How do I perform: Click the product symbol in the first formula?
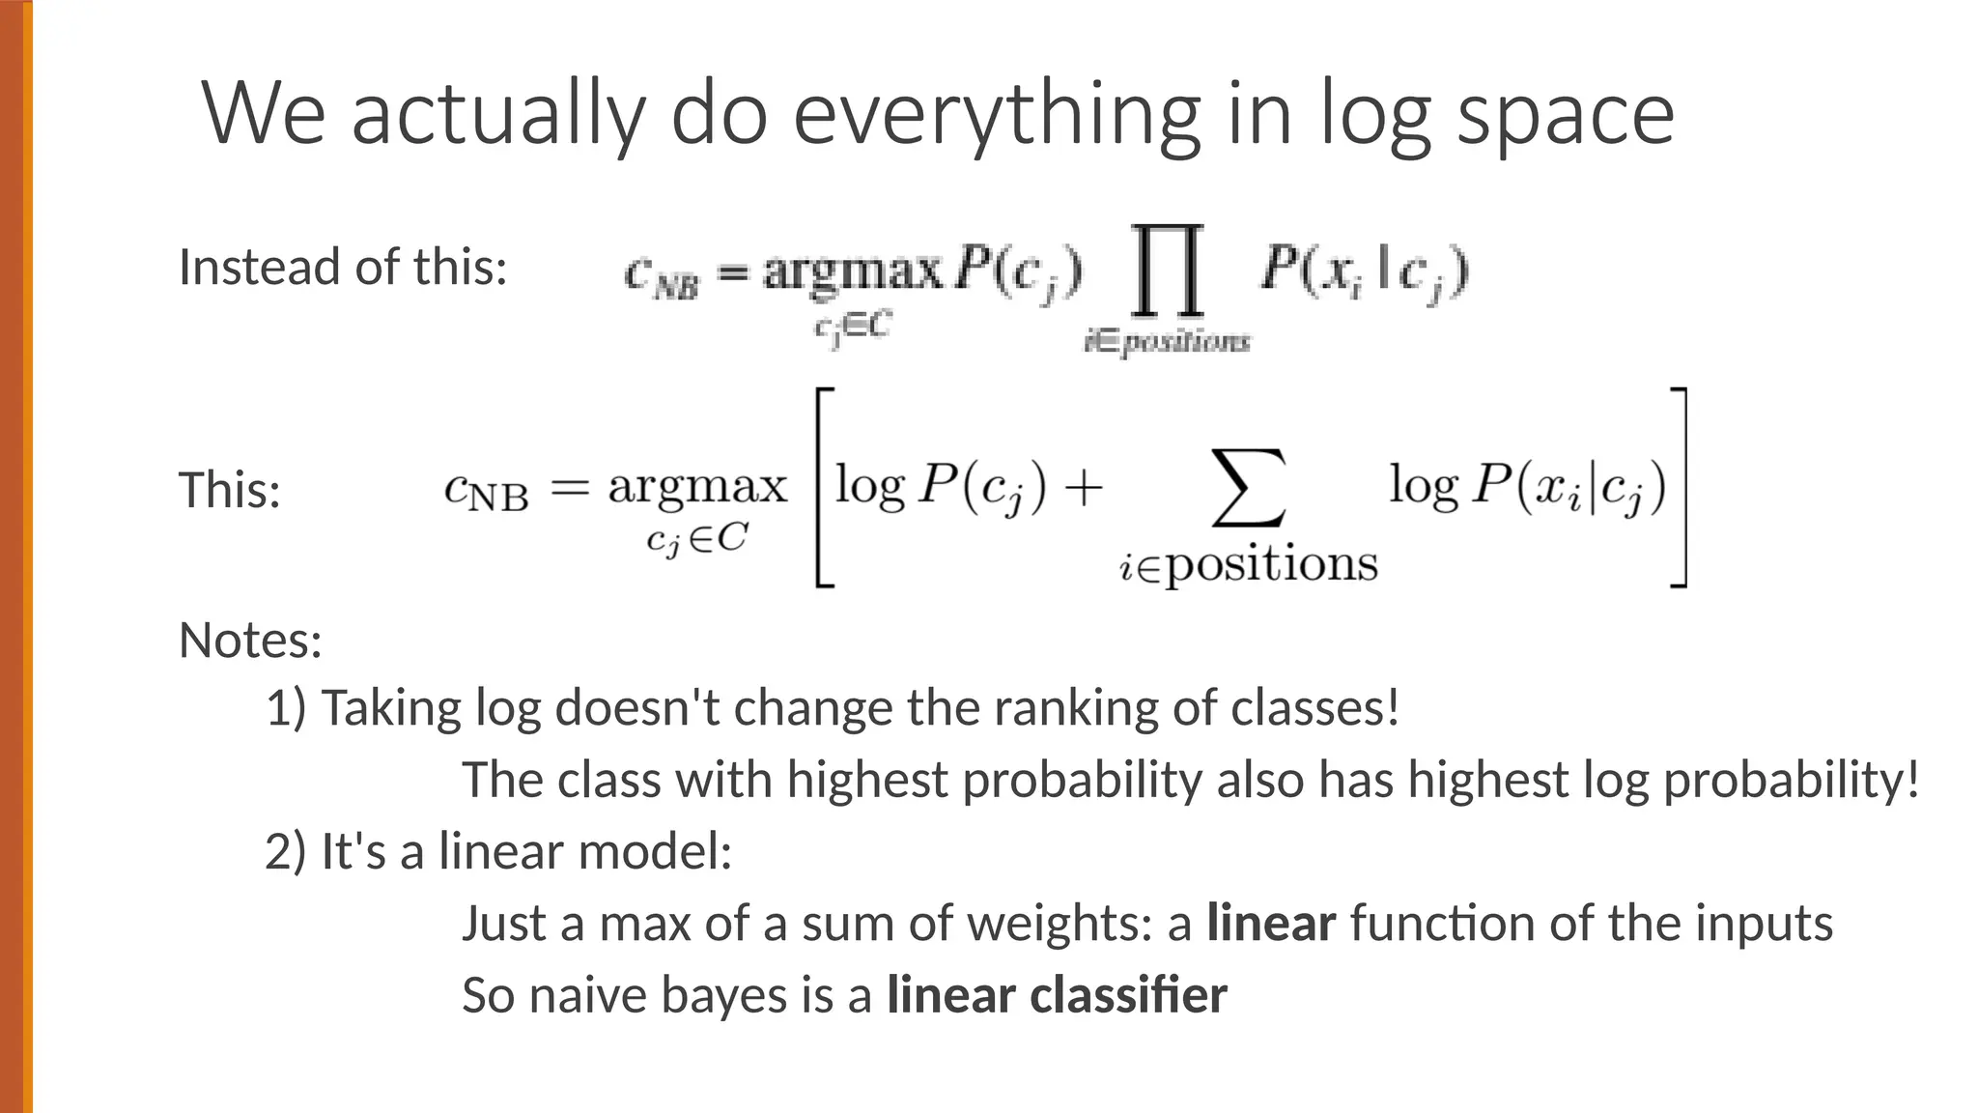[x=1168, y=270]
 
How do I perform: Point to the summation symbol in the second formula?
[x=1248, y=488]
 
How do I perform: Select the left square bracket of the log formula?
[x=824, y=488]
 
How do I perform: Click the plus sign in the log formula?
[x=1084, y=486]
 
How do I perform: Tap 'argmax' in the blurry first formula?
[x=852, y=270]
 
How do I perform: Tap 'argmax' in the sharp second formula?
[x=697, y=486]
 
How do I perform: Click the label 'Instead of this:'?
[x=343, y=268]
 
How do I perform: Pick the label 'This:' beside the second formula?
[x=230, y=490]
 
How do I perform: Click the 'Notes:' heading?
[x=250, y=640]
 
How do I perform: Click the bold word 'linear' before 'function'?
[x=1271, y=923]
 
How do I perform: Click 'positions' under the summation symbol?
[x=1271, y=564]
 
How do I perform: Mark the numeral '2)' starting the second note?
[x=285, y=851]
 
